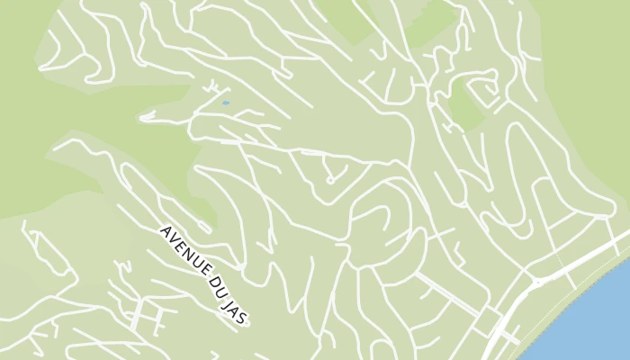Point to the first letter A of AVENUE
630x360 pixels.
[x=165, y=230]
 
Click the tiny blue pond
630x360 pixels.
[x=225, y=103]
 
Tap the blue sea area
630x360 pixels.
[x=594, y=315]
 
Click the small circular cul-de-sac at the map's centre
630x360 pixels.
[x=330, y=180]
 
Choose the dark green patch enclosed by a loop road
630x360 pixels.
[x=465, y=103]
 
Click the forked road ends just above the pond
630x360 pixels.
[x=212, y=87]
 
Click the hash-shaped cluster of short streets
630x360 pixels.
[x=144, y=315]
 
